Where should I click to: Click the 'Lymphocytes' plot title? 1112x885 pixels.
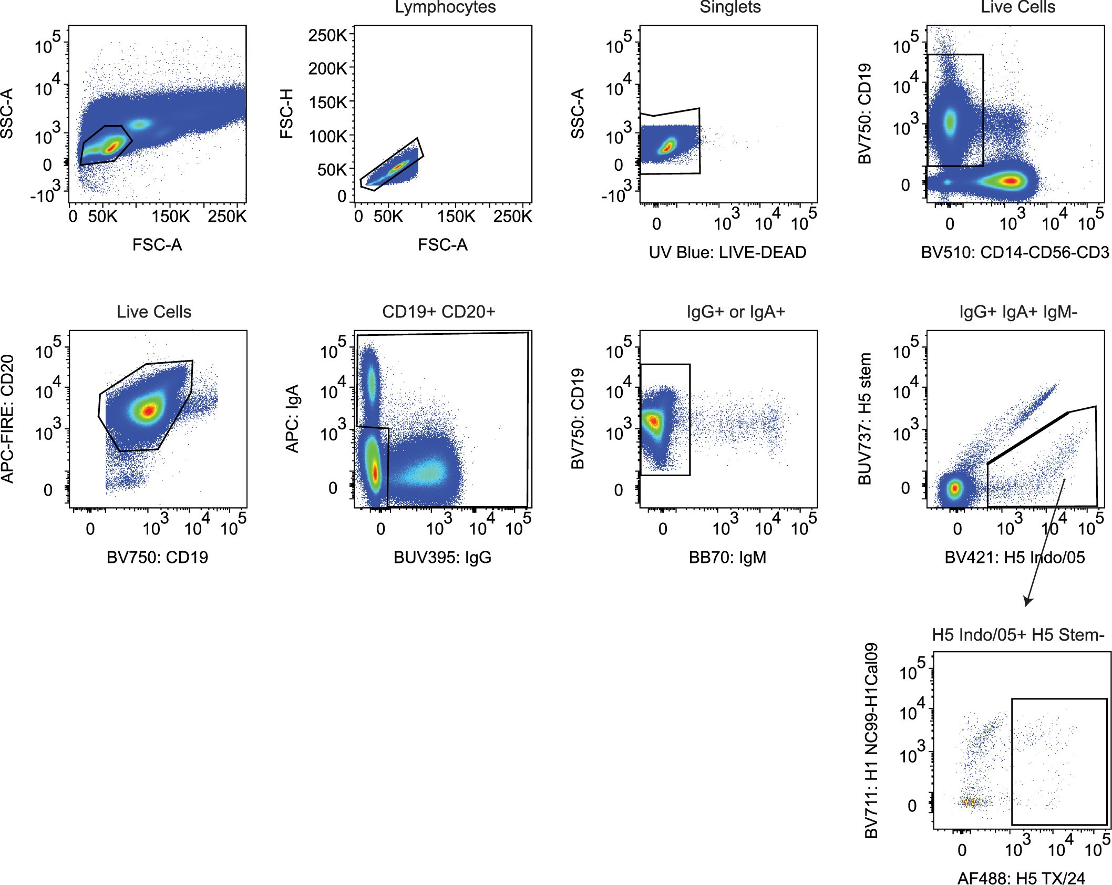pos(445,7)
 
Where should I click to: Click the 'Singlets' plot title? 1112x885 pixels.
pos(730,7)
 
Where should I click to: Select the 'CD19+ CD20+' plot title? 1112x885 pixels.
pos(438,312)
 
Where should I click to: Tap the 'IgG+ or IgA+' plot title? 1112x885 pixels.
pos(735,312)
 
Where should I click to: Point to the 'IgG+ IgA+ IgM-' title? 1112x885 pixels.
pos(1018,312)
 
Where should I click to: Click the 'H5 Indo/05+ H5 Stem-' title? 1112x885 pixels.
pos(1018,635)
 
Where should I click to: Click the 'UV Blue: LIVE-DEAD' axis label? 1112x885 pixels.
pos(727,252)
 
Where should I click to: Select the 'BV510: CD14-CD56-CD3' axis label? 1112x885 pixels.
pos(1015,252)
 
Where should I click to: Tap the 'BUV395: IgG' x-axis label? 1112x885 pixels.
pos(442,557)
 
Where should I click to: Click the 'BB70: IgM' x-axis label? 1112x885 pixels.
pos(727,557)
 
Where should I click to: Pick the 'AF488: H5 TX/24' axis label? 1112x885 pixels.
pos(1021,878)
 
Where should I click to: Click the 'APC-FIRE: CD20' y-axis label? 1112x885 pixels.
pos(7,419)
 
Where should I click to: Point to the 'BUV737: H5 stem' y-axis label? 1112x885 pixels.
pos(864,419)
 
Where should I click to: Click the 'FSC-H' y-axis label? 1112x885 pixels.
pos(286,114)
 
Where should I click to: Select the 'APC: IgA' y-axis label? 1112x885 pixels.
pos(292,419)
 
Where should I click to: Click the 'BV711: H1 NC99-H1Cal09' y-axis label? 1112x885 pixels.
pos(871,741)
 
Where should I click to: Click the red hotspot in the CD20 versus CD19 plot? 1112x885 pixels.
pos(150,410)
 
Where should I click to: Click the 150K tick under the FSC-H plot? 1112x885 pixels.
pos(456,217)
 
